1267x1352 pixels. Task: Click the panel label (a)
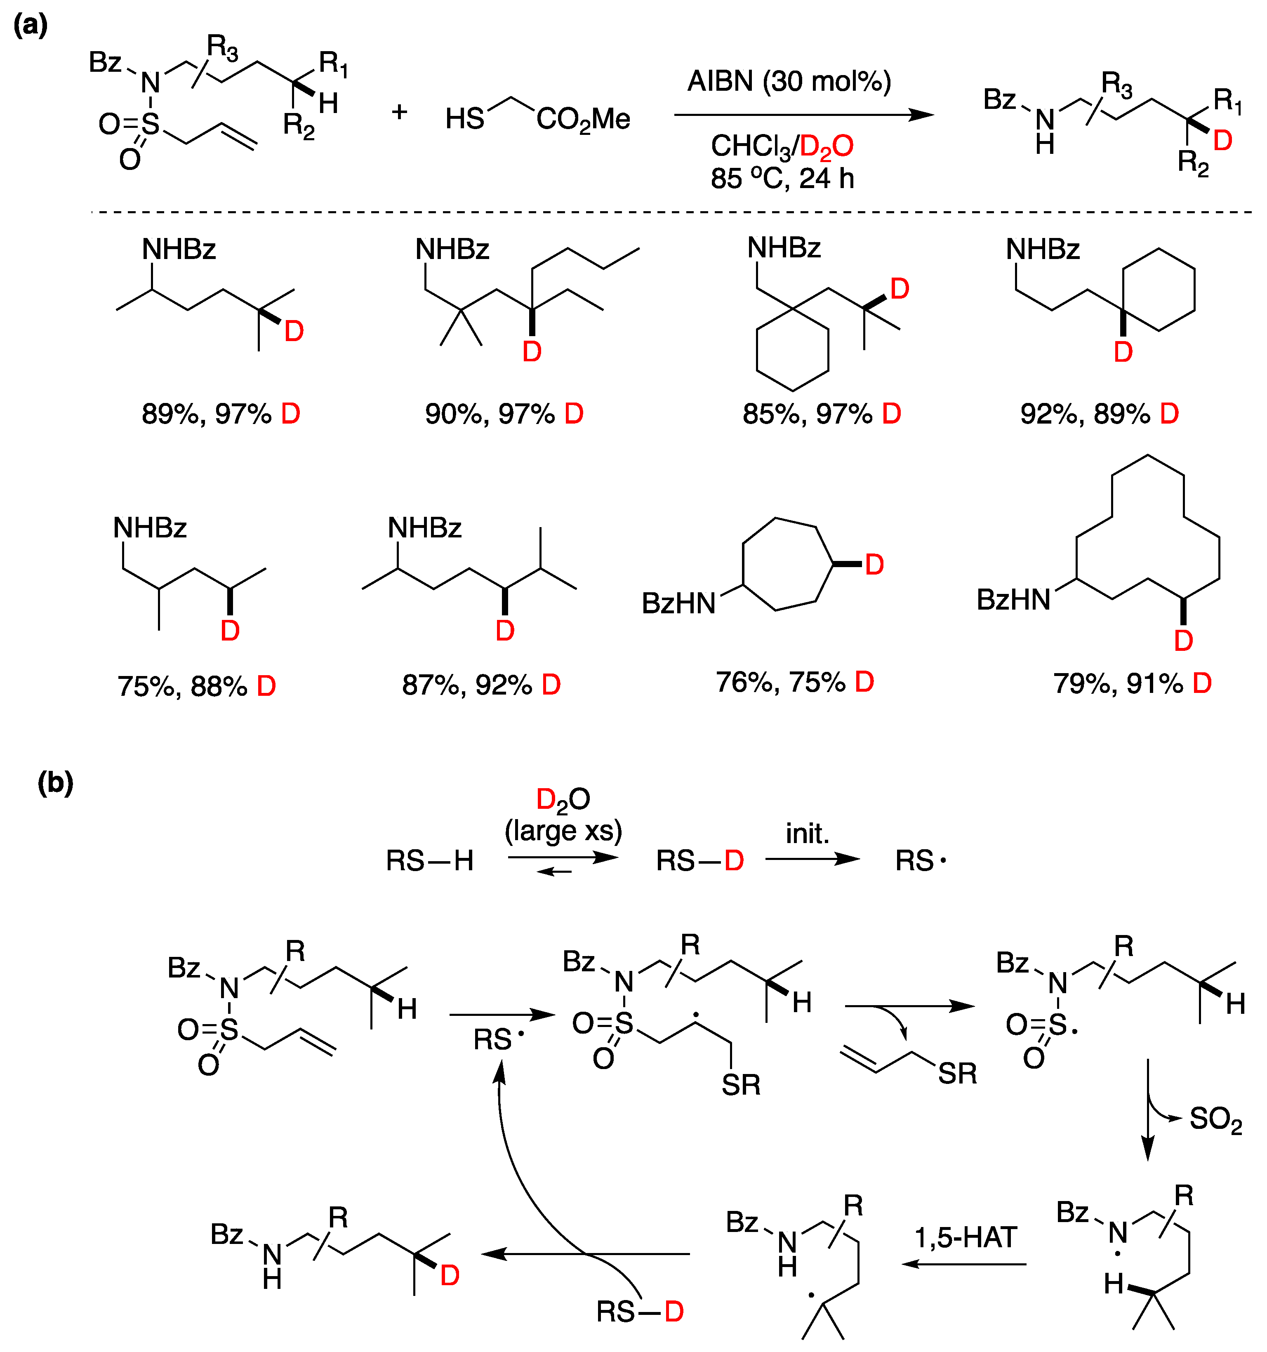31,26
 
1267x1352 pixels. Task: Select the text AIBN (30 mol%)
789,82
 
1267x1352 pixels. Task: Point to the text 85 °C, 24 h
782,179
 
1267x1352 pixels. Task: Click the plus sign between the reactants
399,111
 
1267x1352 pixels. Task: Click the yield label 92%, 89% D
1099,414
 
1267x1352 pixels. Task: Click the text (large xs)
563,830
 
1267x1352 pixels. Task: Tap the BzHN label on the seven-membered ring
679,603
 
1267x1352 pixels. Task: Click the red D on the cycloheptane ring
874,565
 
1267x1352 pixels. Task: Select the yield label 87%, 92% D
481,685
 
